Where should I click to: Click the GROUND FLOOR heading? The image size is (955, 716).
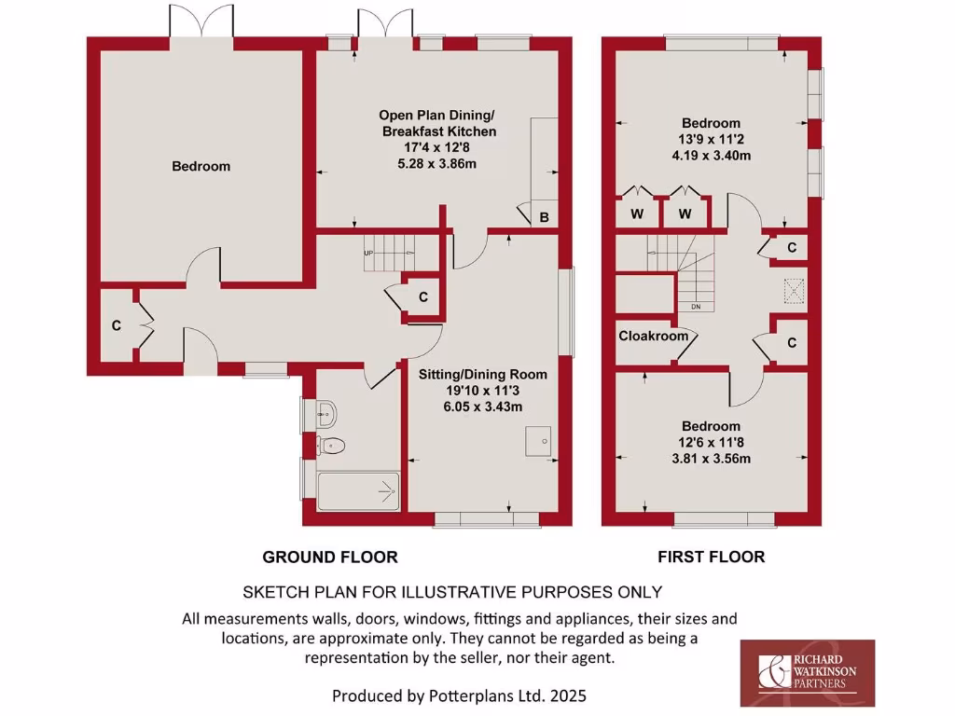tap(330, 557)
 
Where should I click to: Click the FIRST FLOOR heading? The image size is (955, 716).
tap(711, 557)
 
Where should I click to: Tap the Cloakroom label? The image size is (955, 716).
tap(653, 336)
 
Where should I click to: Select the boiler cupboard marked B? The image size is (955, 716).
tap(544, 217)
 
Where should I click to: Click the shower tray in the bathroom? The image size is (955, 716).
tap(358, 490)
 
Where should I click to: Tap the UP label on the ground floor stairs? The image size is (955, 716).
tap(368, 253)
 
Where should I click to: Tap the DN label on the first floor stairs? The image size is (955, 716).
tap(696, 307)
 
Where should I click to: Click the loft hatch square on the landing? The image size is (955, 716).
tap(795, 293)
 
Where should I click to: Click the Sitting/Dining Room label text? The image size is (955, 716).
tap(482, 374)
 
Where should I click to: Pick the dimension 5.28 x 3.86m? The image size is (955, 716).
tap(436, 164)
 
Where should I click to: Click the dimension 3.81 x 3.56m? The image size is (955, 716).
tap(711, 458)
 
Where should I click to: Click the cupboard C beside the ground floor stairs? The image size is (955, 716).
tap(422, 297)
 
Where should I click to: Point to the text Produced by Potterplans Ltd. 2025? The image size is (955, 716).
tap(460, 695)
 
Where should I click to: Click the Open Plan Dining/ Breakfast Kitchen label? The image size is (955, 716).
tap(436, 123)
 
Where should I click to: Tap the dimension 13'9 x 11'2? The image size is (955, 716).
tap(711, 139)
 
